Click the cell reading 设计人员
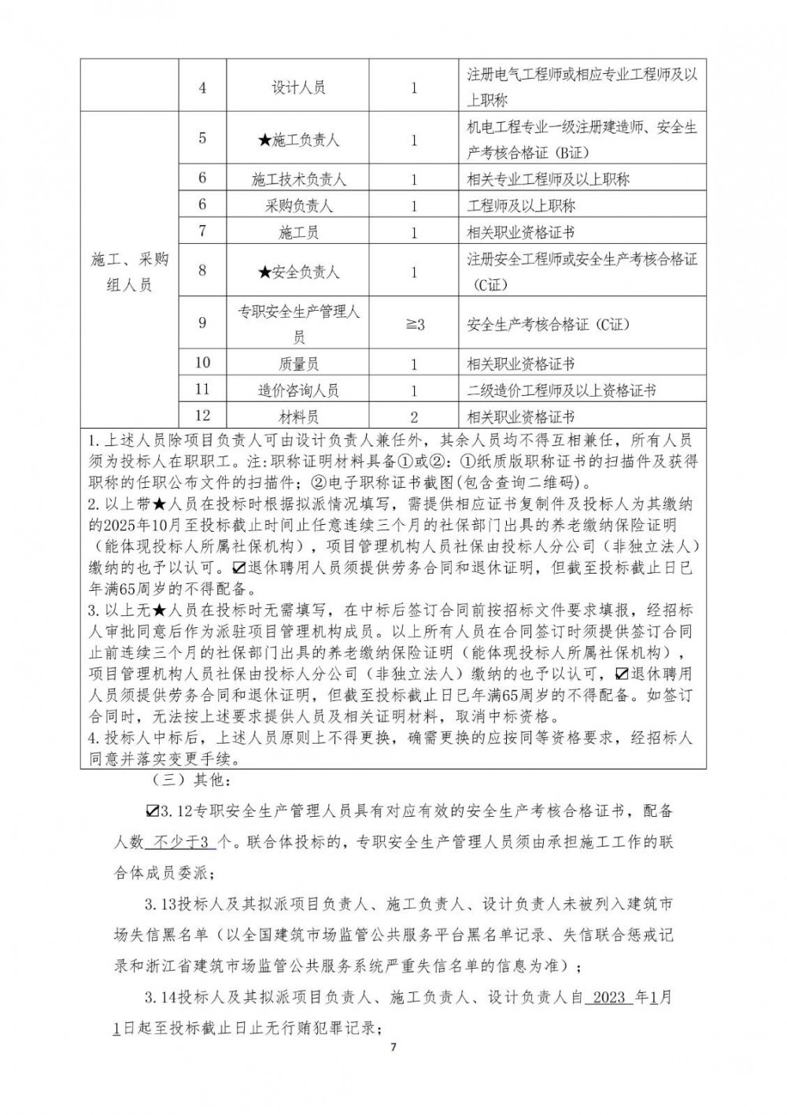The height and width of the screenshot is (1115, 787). [298, 88]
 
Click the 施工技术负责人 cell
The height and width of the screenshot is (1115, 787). [298, 179]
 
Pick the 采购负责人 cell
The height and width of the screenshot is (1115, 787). [298, 206]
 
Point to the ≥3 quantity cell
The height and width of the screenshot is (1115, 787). [414, 324]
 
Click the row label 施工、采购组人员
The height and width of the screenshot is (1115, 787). [130, 272]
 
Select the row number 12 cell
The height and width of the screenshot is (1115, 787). [202, 415]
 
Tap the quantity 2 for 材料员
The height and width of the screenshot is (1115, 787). [414, 417]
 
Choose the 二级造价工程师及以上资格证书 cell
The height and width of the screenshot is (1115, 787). [561, 390]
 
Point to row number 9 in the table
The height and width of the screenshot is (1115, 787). [202, 323]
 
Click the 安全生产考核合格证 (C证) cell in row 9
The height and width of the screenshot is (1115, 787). [548, 324]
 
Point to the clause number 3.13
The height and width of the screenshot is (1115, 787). [161, 904]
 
